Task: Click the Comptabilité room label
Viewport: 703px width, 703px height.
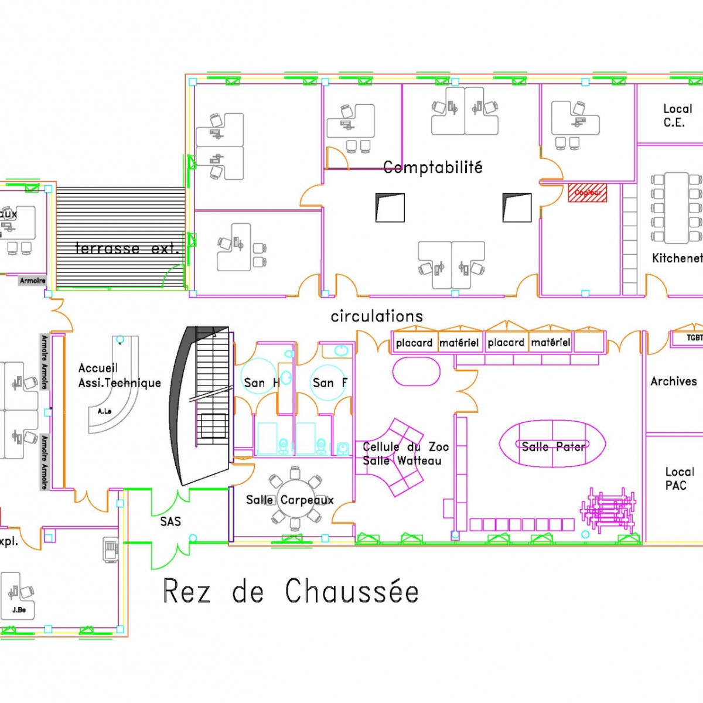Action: [432, 168]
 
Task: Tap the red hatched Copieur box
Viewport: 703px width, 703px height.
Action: [587, 193]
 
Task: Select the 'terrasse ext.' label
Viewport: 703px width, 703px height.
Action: [127, 248]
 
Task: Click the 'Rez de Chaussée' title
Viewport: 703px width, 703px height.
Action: [291, 591]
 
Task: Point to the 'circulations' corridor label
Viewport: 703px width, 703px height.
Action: [377, 316]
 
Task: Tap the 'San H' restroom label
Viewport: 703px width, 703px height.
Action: [261, 383]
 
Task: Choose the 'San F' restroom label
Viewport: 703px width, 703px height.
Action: [330, 383]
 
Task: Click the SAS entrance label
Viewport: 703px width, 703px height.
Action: [170, 521]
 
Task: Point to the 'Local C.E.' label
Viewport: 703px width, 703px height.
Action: [677, 115]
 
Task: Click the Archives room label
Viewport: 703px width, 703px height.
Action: [674, 381]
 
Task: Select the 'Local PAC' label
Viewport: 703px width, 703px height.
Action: [679, 479]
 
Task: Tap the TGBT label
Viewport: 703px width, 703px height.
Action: [694, 338]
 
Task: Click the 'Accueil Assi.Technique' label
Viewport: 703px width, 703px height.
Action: [119, 376]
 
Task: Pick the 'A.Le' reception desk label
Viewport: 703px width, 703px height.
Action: [105, 411]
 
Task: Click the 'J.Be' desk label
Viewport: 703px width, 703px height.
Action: [19, 610]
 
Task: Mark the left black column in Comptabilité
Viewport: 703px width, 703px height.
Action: [390, 208]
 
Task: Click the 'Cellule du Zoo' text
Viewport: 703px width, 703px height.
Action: [405, 447]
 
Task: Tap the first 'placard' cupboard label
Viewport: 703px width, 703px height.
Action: [414, 343]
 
